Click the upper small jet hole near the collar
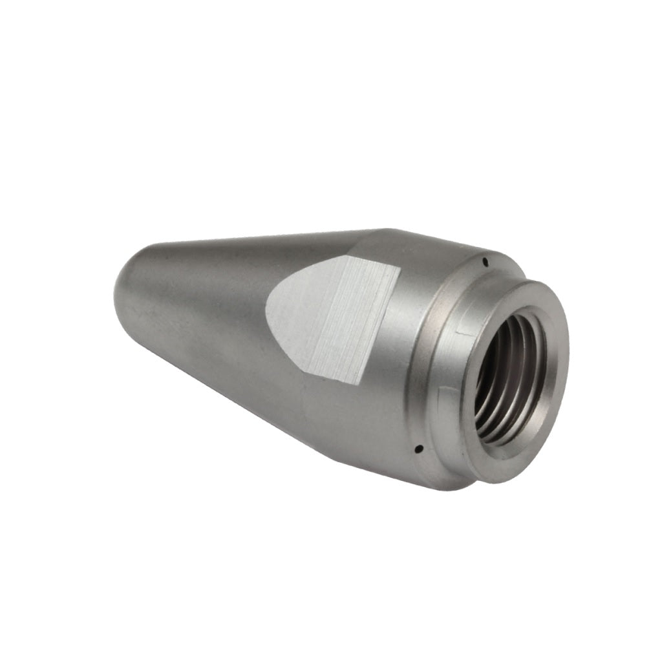click(x=485, y=262)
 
